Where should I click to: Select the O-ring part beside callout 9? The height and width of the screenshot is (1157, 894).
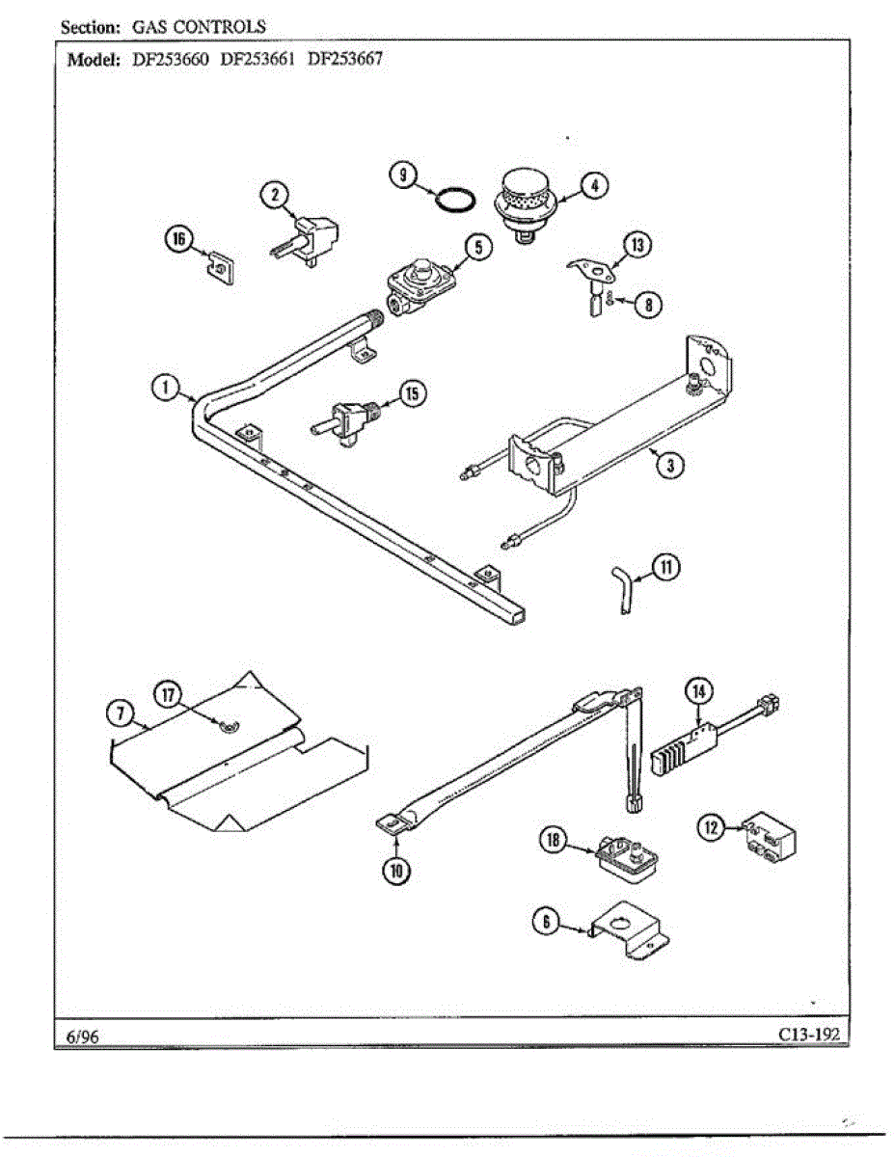pyautogui.click(x=454, y=200)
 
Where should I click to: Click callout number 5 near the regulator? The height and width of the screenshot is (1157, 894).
pyautogui.click(x=478, y=248)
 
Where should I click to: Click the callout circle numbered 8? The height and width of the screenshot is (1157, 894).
pyautogui.click(x=648, y=304)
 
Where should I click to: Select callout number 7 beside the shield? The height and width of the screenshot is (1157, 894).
pyautogui.click(x=120, y=713)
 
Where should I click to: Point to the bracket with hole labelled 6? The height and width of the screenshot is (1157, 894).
pyautogui.click(x=630, y=930)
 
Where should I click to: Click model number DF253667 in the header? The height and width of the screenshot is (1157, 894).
pyautogui.click(x=344, y=58)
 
